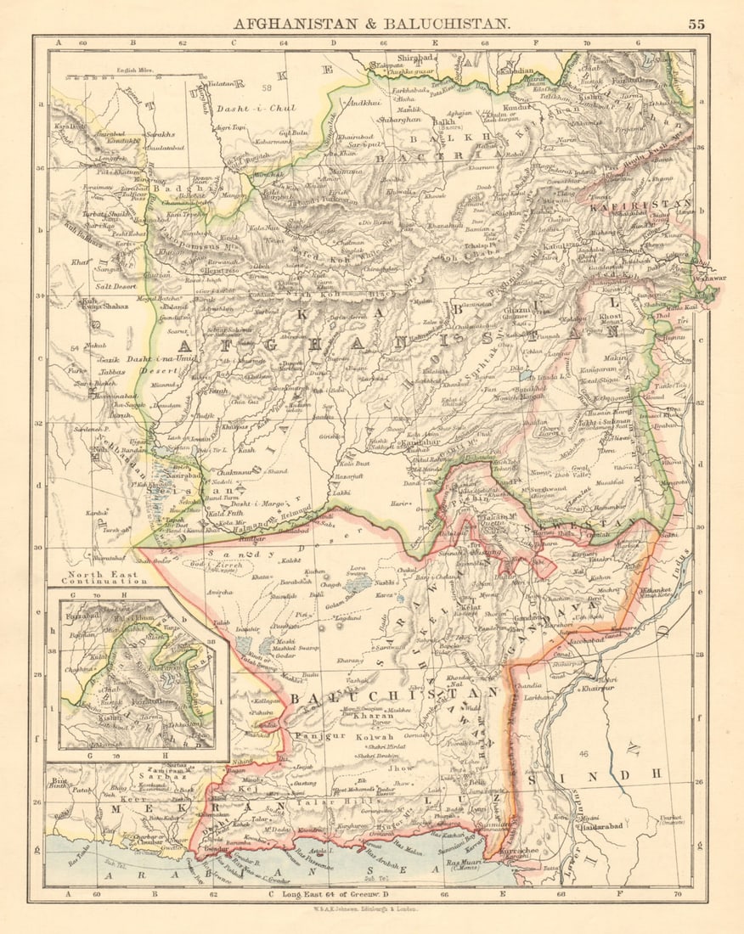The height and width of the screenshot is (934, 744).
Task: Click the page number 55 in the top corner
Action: point(696,24)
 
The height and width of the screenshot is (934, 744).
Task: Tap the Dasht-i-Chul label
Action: point(244,109)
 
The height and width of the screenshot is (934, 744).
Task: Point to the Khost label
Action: point(611,316)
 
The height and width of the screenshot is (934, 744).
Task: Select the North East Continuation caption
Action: point(99,577)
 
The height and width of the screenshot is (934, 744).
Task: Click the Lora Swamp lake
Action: point(358,584)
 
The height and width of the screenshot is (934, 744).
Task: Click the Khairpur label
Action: point(599,689)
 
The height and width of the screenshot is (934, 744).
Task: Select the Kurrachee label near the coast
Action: point(514,848)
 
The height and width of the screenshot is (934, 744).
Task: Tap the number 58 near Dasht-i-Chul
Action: point(268,87)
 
